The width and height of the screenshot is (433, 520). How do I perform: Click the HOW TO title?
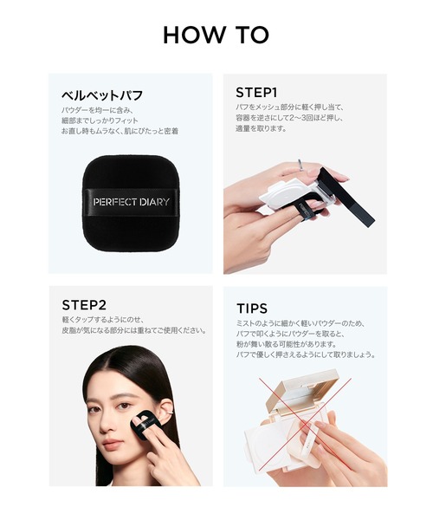click(x=216, y=35)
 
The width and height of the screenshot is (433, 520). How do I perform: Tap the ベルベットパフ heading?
click(x=102, y=95)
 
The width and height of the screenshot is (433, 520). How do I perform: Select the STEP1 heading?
click(x=256, y=93)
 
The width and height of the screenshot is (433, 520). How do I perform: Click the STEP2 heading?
click(x=84, y=305)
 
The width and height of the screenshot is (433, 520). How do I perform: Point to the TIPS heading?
click(x=252, y=309)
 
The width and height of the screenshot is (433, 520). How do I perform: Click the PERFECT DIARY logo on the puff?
click(x=131, y=202)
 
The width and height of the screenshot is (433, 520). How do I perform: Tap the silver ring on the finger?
click(x=301, y=165)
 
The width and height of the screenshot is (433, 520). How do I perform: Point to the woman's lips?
click(x=112, y=444)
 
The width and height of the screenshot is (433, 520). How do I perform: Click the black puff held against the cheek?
click(x=145, y=425)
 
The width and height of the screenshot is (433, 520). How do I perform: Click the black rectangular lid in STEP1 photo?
click(x=346, y=197)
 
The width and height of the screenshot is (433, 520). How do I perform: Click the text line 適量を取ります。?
click(x=262, y=128)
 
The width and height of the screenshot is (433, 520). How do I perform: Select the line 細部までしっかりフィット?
click(x=100, y=120)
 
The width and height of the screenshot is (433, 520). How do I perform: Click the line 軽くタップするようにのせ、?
click(x=103, y=320)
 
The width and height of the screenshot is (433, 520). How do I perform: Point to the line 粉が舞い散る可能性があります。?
click(x=287, y=344)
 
